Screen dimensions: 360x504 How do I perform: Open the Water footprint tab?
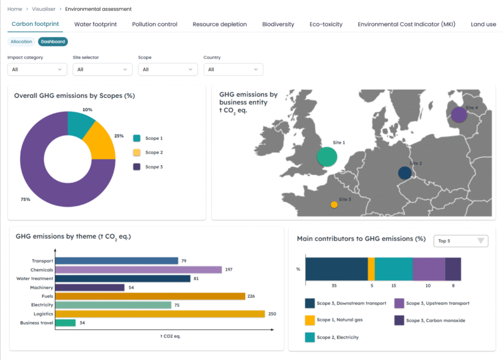click(95, 24)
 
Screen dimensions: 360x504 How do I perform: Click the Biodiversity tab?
click(278, 24)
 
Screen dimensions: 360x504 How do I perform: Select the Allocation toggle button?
click(21, 42)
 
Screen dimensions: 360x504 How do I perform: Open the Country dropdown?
click(233, 69)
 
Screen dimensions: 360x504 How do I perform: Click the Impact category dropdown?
click(37, 69)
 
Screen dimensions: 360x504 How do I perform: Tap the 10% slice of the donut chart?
click(79, 124)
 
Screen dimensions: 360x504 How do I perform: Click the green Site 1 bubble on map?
click(327, 157)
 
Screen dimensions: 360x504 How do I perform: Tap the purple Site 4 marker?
click(459, 115)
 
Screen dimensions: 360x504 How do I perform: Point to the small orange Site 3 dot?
click(334, 204)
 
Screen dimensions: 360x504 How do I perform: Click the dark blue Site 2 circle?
click(405, 173)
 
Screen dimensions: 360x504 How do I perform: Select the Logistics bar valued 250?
click(160, 314)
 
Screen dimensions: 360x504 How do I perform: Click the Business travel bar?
click(65, 323)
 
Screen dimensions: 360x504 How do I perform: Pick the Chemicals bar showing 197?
click(138, 270)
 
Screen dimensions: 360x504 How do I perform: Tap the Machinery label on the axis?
click(41, 288)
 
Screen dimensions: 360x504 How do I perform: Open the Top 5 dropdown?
click(461, 241)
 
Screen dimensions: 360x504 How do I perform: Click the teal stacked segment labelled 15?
click(394, 269)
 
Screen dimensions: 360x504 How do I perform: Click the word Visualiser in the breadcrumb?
click(44, 9)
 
